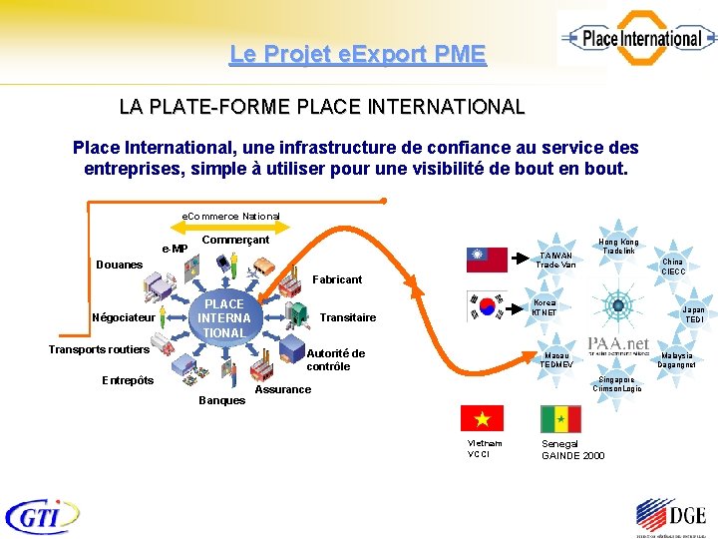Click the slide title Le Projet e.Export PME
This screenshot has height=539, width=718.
[x=357, y=54]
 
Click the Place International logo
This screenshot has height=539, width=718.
[x=635, y=39]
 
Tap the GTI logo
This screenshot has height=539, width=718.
[x=41, y=516]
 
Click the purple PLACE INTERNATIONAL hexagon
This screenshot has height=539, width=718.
[x=223, y=317]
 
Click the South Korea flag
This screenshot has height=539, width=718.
[x=487, y=305]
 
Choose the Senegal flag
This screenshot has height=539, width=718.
[x=560, y=418]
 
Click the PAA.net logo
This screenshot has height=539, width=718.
[x=618, y=344]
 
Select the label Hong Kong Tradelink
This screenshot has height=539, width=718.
[x=618, y=246]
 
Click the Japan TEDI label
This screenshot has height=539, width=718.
[x=693, y=314]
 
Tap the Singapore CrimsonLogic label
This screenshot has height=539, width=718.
[x=617, y=384]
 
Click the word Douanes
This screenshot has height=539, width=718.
[x=119, y=265]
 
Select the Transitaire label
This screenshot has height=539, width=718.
[x=348, y=317]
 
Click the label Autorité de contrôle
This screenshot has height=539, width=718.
[x=335, y=359]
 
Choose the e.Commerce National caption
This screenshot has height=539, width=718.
[x=230, y=216]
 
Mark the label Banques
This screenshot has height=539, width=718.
[x=221, y=400]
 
